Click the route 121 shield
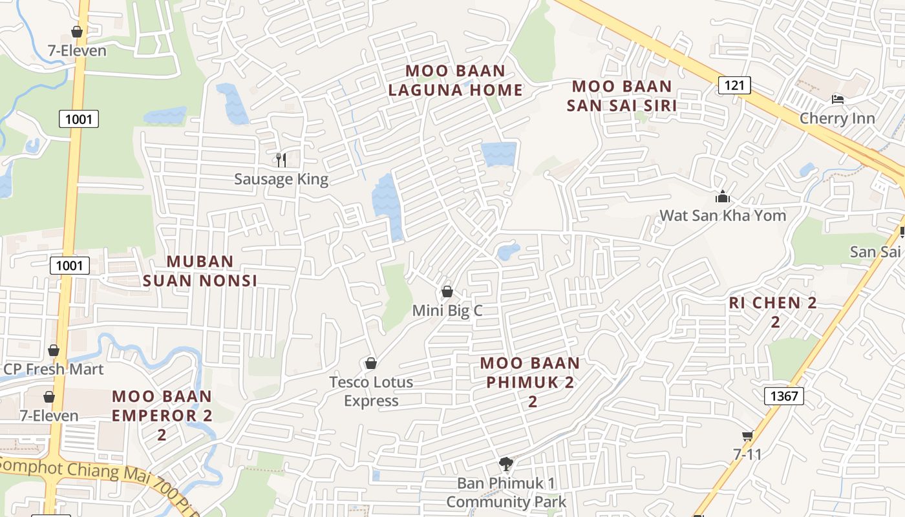click(x=734, y=85)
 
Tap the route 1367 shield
click(x=784, y=396)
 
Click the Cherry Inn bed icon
click(x=838, y=100)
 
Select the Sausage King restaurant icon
click(x=281, y=160)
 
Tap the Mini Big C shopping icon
click(x=447, y=291)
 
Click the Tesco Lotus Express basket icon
click(x=370, y=363)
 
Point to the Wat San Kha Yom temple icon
click(x=722, y=196)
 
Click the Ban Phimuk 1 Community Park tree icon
click(x=506, y=463)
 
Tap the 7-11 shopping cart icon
click(x=747, y=436)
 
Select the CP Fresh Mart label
click(x=54, y=370)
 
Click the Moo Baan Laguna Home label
click(x=455, y=80)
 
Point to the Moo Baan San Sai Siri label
click(x=621, y=96)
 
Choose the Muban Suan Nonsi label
click(x=200, y=271)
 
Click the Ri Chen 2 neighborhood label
click(x=773, y=311)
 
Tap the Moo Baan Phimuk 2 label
click(x=530, y=381)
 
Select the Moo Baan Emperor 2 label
click(x=162, y=414)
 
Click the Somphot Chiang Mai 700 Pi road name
click(x=90, y=479)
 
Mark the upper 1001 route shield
click(x=79, y=119)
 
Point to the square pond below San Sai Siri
click(x=498, y=154)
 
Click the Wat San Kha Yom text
click(x=722, y=215)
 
